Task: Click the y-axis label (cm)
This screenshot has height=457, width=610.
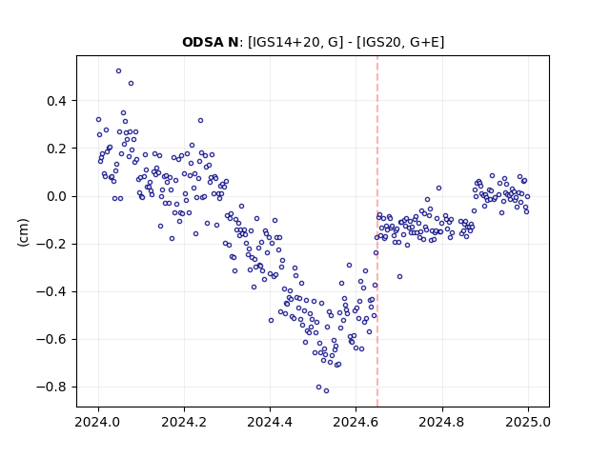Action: click(23, 232)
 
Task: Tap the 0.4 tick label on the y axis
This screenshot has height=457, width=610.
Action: click(57, 101)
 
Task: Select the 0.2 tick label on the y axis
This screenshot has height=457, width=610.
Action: click(57, 149)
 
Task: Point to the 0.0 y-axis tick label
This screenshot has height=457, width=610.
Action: click(57, 197)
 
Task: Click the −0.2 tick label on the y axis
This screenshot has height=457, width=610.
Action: click(51, 245)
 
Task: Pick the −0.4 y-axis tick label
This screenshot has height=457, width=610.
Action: click(51, 292)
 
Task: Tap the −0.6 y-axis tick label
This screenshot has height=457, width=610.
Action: click(51, 340)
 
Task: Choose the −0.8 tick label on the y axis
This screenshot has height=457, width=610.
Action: click(51, 387)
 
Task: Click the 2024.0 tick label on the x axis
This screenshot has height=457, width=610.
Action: click(98, 422)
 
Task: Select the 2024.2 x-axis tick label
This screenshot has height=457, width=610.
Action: click(184, 422)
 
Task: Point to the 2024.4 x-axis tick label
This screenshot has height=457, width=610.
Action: click(270, 422)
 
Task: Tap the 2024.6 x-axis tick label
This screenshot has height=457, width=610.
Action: click(356, 422)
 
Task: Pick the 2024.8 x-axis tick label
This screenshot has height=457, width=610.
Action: click(442, 422)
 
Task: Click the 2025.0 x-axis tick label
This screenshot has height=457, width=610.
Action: click(528, 422)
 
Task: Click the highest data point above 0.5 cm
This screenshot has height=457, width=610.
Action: click(118, 71)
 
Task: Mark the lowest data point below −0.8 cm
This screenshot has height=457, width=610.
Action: click(326, 391)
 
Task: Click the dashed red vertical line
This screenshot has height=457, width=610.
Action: click(377, 231)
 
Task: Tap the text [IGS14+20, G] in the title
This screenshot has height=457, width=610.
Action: click(295, 42)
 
